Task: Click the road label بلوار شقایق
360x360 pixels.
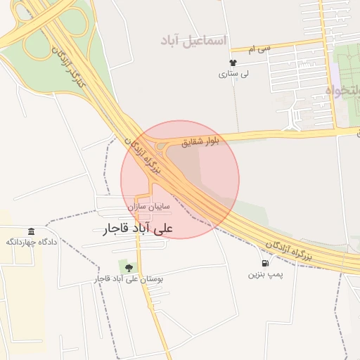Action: click(x=201, y=142)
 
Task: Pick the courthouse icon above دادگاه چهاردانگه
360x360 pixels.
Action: click(x=31, y=232)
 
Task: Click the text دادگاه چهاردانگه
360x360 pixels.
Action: click(x=31, y=243)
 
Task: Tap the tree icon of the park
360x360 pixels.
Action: click(x=129, y=267)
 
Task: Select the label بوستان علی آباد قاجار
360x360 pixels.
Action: click(x=129, y=279)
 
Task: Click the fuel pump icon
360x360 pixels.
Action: click(x=265, y=264)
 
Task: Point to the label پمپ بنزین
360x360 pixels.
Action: click(x=265, y=274)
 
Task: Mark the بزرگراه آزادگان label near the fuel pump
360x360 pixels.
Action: click(x=288, y=250)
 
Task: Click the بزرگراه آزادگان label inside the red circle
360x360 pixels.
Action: click(x=144, y=157)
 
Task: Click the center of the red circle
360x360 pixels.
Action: click(x=180, y=179)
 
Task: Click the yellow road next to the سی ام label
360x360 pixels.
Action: click(x=281, y=46)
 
